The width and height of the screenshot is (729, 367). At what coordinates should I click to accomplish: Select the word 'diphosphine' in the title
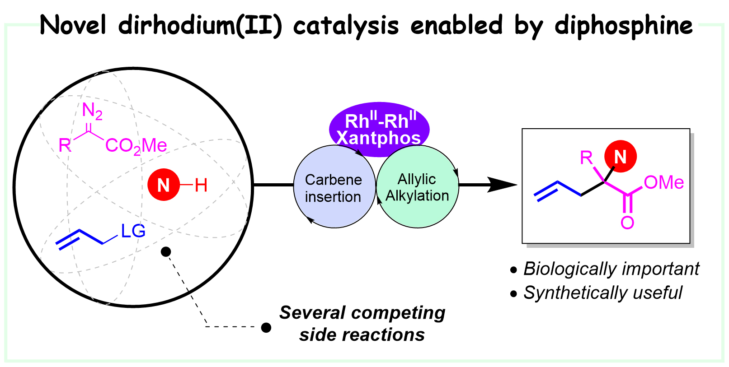[x=624, y=25]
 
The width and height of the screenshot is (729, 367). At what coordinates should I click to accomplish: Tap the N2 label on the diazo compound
[x=92, y=111]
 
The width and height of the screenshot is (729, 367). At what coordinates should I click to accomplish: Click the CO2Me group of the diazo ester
[x=136, y=146]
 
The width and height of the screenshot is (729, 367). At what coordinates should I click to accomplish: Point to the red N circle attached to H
[x=163, y=185]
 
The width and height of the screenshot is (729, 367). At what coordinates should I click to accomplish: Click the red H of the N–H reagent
[x=201, y=185]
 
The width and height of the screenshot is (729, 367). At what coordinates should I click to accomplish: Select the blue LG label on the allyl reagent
[x=133, y=231]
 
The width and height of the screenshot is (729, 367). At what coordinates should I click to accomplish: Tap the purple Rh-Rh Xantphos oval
[x=379, y=129]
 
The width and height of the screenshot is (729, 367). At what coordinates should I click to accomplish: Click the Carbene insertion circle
[x=334, y=187]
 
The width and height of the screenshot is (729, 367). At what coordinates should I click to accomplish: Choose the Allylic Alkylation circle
[x=417, y=187]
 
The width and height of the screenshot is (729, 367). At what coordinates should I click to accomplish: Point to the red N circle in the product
[x=620, y=157]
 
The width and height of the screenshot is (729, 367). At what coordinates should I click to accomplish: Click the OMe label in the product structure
[x=663, y=182]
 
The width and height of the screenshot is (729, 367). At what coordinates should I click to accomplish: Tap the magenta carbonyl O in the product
[x=627, y=222]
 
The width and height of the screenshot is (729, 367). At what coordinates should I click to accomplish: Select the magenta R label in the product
[x=586, y=158]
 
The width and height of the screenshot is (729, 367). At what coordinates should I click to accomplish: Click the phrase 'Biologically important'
[x=611, y=269]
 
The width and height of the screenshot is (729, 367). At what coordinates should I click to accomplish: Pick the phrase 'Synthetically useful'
[x=602, y=293]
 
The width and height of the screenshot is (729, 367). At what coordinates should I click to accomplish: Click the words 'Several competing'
[x=362, y=312]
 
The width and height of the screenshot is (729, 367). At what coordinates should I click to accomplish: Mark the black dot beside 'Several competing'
[x=266, y=327]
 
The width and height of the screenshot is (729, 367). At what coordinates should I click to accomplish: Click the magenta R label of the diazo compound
[x=65, y=145]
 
